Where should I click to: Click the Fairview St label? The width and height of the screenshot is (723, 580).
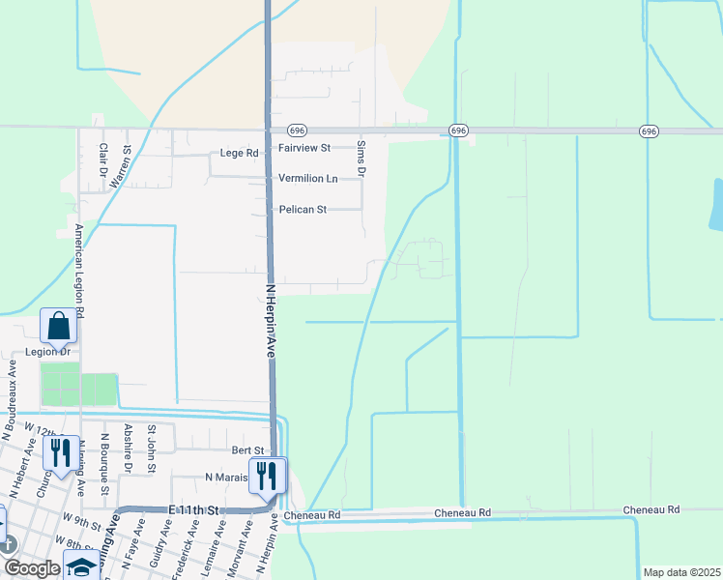(x=304, y=148)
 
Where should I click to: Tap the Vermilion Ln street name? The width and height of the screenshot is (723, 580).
(x=307, y=179)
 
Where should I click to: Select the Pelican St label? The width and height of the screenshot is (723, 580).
(x=303, y=209)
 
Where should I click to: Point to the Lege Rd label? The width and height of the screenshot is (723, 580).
(x=239, y=153)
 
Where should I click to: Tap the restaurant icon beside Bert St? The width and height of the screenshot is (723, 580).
(x=267, y=476)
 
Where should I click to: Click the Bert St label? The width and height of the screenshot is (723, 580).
(x=247, y=450)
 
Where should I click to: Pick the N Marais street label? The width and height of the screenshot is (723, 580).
(x=228, y=478)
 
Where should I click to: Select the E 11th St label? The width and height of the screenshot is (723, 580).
(x=194, y=509)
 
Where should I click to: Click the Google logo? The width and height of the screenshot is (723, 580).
(x=33, y=568)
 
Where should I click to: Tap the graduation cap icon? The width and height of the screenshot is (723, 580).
(x=82, y=567)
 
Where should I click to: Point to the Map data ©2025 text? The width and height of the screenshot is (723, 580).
(x=680, y=572)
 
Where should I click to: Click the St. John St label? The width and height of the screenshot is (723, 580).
(x=151, y=449)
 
